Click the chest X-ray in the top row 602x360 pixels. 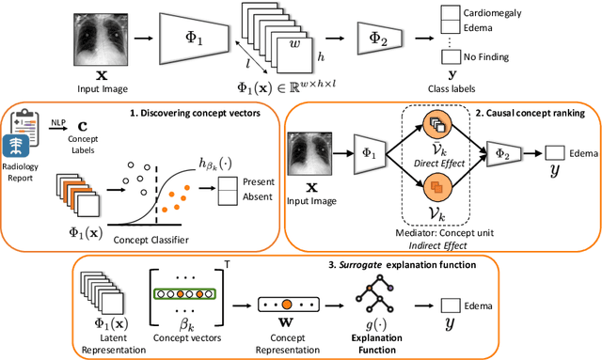coord(99,42)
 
